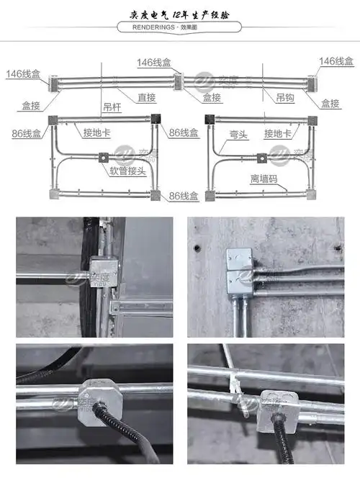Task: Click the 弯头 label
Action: (238, 134)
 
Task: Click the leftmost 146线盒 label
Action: (23, 74)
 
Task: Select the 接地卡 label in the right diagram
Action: (277, 134)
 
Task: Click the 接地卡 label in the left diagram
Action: (96, 133)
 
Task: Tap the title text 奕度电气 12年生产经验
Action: (179, 9)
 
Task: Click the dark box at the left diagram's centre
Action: (104, 156)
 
